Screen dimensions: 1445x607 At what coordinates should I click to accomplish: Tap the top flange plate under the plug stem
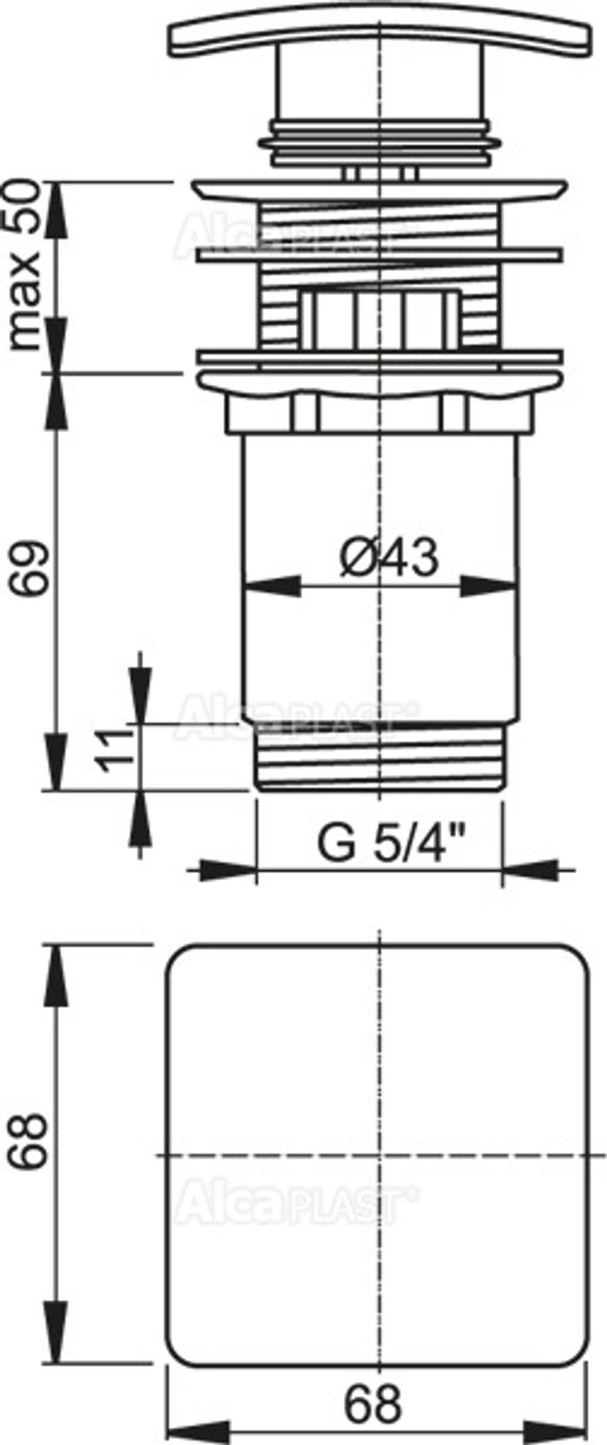[380, 189]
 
